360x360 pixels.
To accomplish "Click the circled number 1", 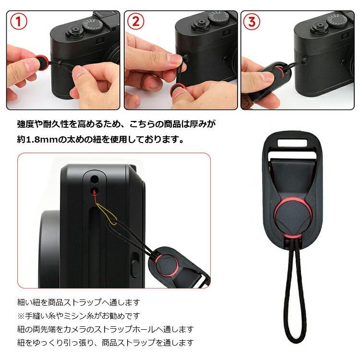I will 18,23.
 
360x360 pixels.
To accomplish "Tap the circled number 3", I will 253,22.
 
